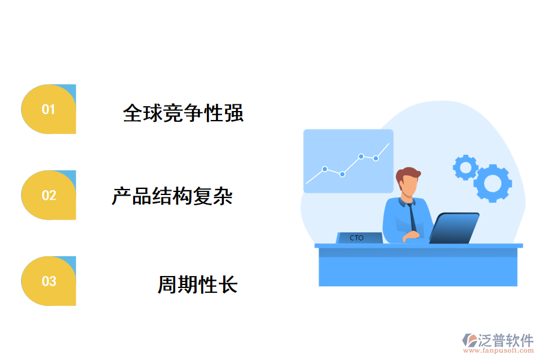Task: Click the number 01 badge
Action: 49,109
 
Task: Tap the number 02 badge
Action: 49,195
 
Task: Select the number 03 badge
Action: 49,281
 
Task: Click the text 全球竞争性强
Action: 183,113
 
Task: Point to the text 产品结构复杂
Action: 172,196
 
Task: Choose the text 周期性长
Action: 197,284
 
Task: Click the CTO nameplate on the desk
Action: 358,238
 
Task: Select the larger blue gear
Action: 493,183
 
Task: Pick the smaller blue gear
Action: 464,167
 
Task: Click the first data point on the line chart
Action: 325,169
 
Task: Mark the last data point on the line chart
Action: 376,158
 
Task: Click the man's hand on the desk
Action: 411,236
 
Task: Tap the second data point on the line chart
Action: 342,174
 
